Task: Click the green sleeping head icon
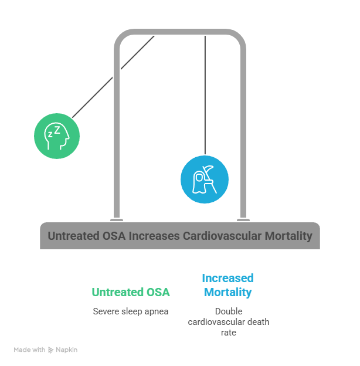(x=57, y=136)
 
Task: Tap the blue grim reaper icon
(x=204, y=179)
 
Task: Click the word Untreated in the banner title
(x=73, y=236)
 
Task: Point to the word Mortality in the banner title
(x=286, y=236)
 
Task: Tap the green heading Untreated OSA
(x=131, y=292)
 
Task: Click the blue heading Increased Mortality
(x=227, y=285)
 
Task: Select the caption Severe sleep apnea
(x=131, y=311)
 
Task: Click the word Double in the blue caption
(x=228, y=311)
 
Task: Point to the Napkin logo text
(x=66, y=350)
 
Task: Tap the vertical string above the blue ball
(x=205, y=94)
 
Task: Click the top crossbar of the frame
(x=179, y=33)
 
